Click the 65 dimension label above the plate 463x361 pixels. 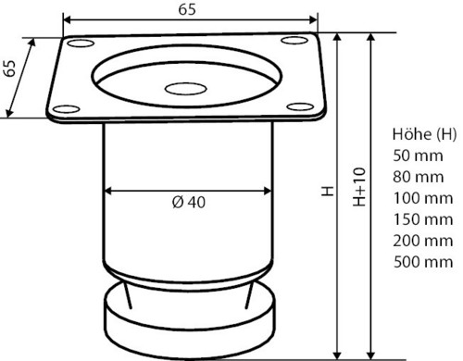tap(187, 9)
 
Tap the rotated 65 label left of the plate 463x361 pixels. tap(10, 68)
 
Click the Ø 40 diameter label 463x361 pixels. tap(189, 203)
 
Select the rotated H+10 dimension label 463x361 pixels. tap(359, 187)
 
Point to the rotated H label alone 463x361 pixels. tap(328, 191)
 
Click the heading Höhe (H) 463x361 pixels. tap(424, 134)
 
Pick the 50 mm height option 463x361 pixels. tap(418, 156)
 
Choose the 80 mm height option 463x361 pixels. tap(419, 177)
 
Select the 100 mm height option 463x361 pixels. tap(423, 198)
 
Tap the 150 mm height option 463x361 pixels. tap(423, 219)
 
